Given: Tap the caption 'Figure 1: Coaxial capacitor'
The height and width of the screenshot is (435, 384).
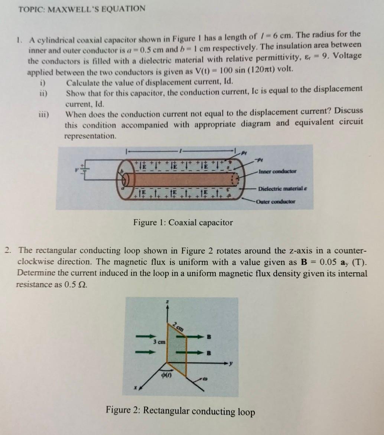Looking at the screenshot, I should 183,223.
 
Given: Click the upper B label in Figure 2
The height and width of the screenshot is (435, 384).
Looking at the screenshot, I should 209,337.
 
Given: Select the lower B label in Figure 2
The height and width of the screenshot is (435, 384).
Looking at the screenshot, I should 209,353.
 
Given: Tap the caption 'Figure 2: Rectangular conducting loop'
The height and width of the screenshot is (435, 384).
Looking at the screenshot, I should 180,411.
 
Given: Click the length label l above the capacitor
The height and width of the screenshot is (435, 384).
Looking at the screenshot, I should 181,151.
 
